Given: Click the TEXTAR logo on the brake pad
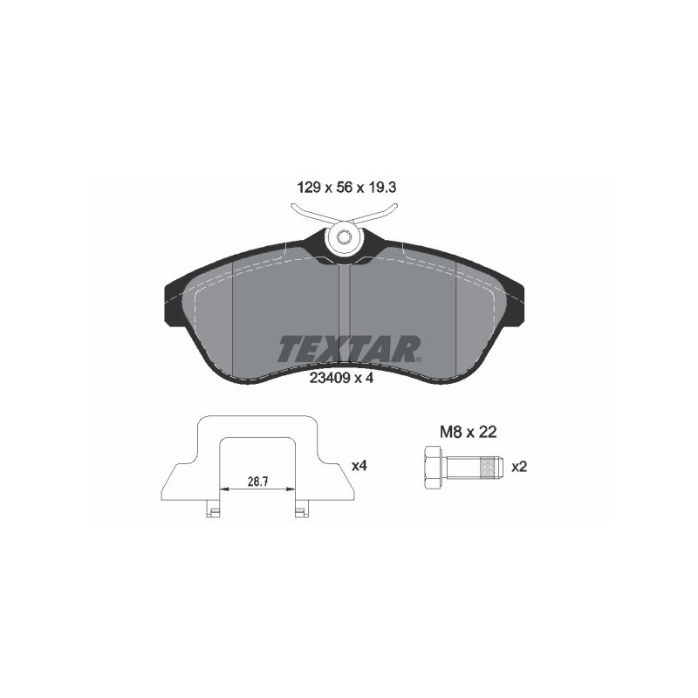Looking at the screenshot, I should point(349,348).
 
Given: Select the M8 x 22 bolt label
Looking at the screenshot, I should point(467,430).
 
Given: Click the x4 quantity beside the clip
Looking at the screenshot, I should point(358,467).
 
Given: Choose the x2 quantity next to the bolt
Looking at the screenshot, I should point(519,467).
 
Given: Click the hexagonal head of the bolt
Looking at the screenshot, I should point(434,466).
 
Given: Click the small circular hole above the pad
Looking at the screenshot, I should point(343,236).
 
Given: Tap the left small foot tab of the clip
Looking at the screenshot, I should point(211,511).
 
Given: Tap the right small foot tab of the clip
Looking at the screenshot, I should point(301,511).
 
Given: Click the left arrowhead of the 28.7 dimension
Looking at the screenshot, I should point(223,489).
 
